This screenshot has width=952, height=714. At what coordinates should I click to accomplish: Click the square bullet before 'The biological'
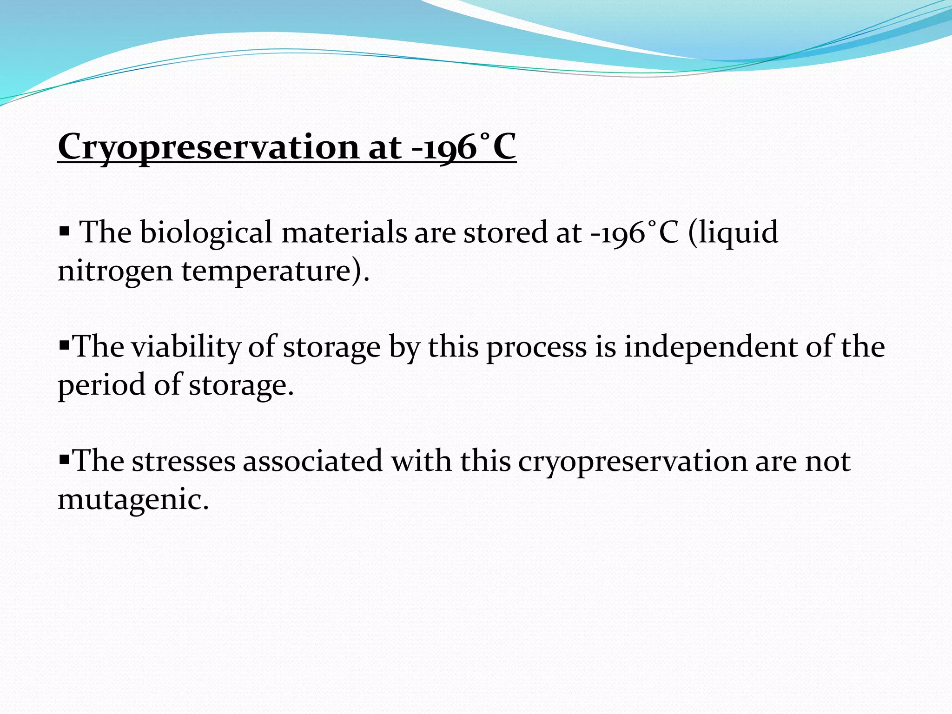tap(64, 231)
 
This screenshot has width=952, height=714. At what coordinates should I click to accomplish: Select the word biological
tap(206, 232)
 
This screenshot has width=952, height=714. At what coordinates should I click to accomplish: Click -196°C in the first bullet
tap(635, 232)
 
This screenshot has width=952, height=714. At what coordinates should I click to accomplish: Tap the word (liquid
tap(733, 232)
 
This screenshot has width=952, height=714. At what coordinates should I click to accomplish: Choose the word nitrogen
tap(115, 271)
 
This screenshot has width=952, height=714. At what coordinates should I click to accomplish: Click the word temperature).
tap(275, 271)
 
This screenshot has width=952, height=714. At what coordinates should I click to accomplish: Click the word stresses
tap(184, 462)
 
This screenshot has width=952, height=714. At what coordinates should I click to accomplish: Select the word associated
tap(312, 462)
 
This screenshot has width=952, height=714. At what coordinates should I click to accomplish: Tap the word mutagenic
tap(133, 500)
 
